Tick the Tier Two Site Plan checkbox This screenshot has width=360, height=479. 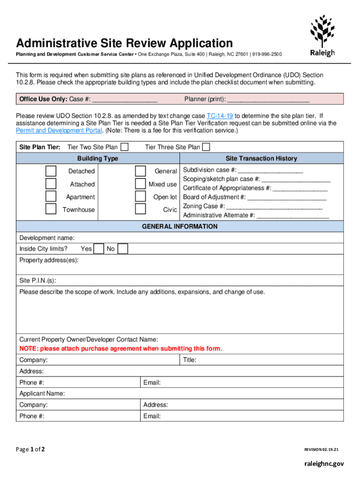tap(125, 147)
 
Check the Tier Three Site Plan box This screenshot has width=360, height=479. tap(206, 147)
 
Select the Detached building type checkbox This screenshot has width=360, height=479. tap(51, 171)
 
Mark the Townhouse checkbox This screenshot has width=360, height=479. tap(51, 209)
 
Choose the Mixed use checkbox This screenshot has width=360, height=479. tap(140, 184)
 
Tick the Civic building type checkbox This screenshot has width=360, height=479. tap(140, 209)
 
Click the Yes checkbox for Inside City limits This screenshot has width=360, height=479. tap(98, 249)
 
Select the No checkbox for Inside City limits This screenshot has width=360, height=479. tap(122, 249)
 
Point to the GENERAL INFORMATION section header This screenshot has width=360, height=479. tap(180, 226)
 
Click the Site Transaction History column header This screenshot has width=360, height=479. tap(261, 159)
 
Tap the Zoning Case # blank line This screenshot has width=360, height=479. tap(274, 206)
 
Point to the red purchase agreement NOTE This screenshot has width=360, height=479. tap(121, 348)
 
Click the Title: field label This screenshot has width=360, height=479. tap(189, 360)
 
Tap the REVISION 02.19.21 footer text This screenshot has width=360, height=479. tap(321, 450)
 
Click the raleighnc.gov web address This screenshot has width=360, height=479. tap(322, 464)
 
